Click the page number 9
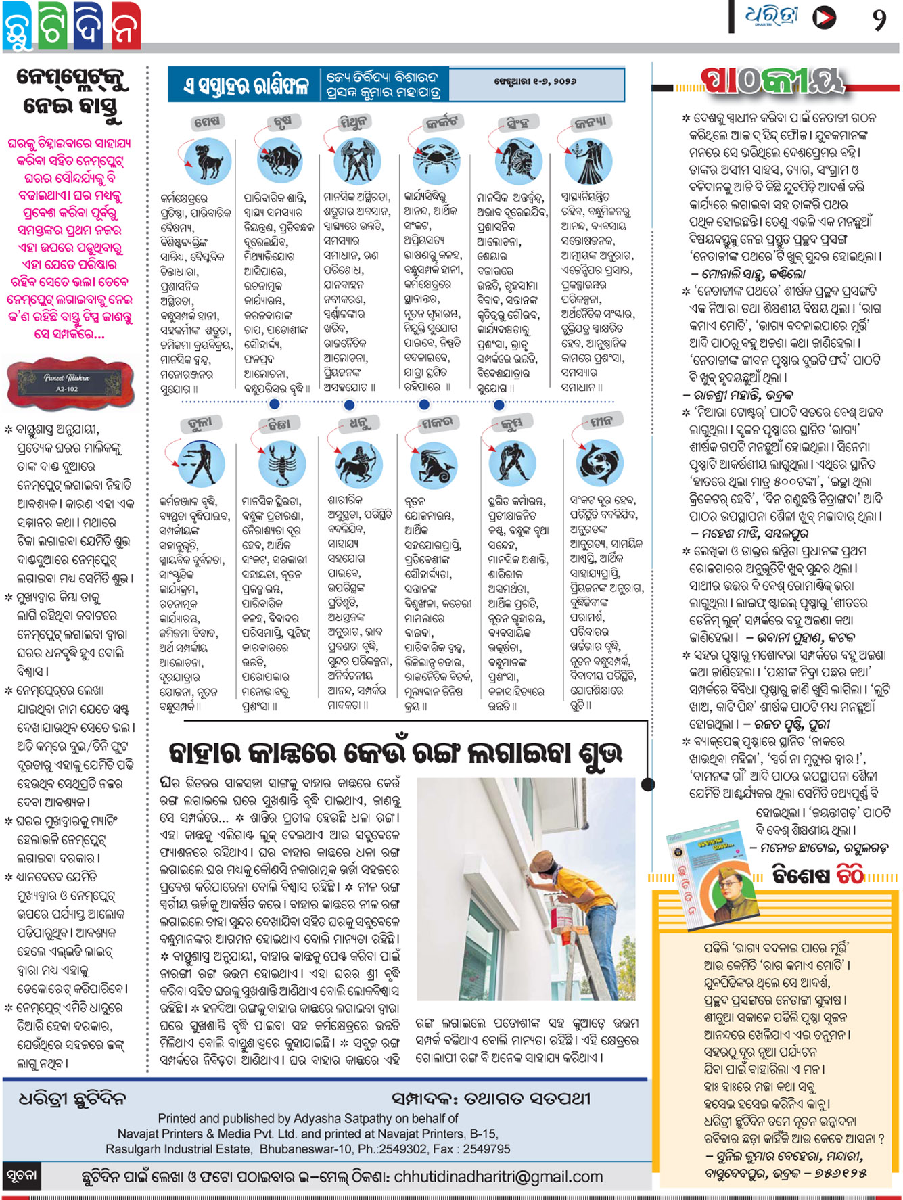click(879, 19)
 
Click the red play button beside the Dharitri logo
click(823, 18)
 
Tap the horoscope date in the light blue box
click(535, 81)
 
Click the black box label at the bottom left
click(22, 1176)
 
